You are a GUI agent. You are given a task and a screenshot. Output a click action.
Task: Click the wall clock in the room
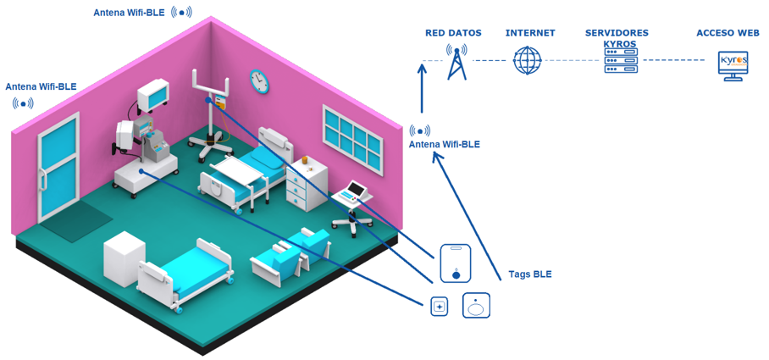(259, 81)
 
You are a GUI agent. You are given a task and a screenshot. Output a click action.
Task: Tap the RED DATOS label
(453, 33)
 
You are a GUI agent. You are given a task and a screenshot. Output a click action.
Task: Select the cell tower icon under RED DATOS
(456, 63)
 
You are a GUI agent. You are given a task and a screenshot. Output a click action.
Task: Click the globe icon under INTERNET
(528, 60)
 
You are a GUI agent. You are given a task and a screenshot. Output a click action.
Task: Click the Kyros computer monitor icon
(733, 66)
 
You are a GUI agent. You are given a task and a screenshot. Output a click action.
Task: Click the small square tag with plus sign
(440, 307)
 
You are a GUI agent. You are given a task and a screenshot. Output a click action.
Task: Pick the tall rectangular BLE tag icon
(456, 263)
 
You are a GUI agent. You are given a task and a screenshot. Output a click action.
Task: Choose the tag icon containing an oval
(476, 306)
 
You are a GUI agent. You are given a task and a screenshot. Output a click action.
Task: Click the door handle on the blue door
(44, 180)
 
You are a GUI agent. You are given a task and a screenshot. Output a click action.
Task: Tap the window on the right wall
(352, 140)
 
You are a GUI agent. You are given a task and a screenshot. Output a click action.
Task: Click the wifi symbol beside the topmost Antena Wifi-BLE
(181, 12)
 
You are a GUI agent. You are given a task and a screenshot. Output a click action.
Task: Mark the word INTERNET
(530, 33)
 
